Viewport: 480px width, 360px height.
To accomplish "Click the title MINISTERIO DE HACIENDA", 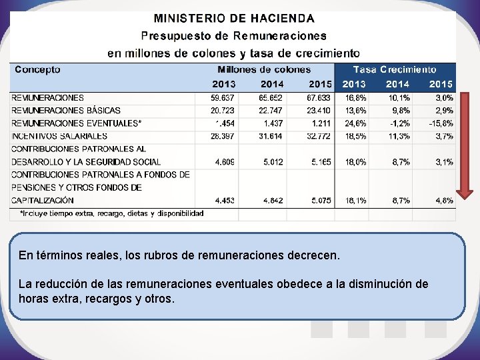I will pyautogui.click(x=235, y=18).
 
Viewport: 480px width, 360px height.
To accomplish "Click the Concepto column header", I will pyautogui.click(x=37, y=69).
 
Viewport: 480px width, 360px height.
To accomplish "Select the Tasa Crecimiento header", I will pyautogui.click(x=395, y=69).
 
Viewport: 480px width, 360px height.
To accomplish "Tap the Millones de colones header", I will pyautogui.click(x=264, y=69).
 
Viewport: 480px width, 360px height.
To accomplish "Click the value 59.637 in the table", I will pyautogui.click(x=223, y=98).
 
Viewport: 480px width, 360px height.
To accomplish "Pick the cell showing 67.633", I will pyautogui.click(x=320, y=98).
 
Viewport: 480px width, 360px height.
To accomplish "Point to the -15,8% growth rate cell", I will pyautogui.click(x=441, y=123).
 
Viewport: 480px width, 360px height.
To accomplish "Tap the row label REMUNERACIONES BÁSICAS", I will pyautogui.click(x=66, y=111).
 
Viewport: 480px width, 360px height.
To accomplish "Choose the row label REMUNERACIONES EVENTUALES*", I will pyautogui.click(x=77, y=123).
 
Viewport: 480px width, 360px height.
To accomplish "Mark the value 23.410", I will pyautogui.click(x=320, y=111).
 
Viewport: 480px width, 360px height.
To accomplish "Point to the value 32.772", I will pyautogui.click(x=320, y=136).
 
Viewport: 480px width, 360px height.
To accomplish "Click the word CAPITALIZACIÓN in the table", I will pyautogui.click(x=43, y=200).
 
